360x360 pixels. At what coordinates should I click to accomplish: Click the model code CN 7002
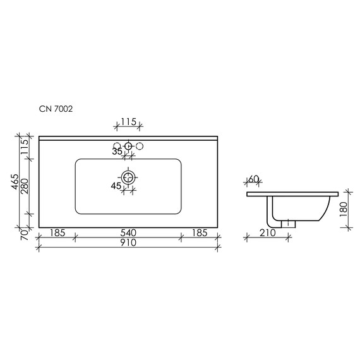click(x=56, y=109)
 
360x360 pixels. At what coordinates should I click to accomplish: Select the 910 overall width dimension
click(x=128, y=241)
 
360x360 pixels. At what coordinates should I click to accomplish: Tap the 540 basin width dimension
click(x=128, y=232)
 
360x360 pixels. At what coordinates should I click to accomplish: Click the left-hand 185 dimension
click(x=57, y=232)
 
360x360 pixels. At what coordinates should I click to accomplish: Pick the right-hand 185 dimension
click(x=200, y=232)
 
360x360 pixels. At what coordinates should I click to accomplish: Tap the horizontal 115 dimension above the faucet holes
click(x=129, y=121)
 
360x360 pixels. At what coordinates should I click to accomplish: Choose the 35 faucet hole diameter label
click(x=117, y=152)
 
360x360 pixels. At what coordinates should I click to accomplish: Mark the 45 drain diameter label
click(x=116, y=186)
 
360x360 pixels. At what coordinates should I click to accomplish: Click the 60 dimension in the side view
click(x=254, y=179)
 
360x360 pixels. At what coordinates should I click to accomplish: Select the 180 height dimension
click(x=343, y=210)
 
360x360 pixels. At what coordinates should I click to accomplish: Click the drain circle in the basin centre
click(x=129, y=177)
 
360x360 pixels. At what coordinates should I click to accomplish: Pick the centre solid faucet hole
click(x=129, y=147)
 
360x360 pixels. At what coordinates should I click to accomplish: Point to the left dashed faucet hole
click(x=117, y=147)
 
